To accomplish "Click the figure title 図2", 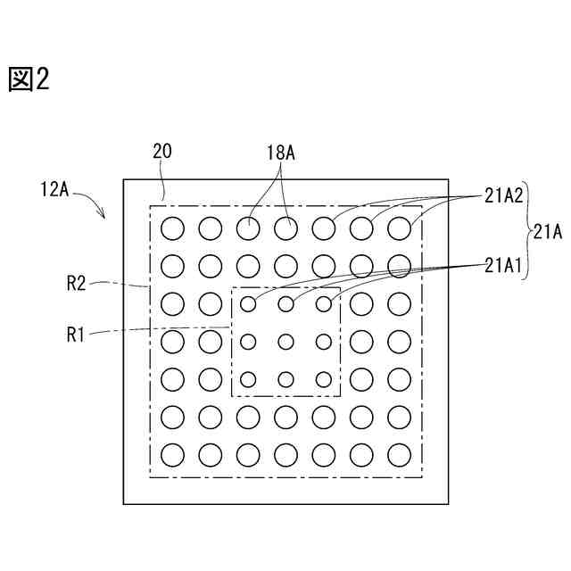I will (x=29, y=80).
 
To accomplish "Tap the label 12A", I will (x=56, y=189).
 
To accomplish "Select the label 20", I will (x=162, y=152).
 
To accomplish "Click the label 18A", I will (x=280, y=152).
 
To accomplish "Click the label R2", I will (x=77, y=284).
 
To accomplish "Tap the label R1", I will (x=77, y=335).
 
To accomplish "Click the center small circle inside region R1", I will (x=285, y=342).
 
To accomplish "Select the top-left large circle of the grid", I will (x=172, y=228).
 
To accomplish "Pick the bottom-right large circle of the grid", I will (x=399, y=455).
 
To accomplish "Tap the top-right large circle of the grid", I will (x=399, y=228).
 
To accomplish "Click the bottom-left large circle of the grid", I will (x=172, y=455).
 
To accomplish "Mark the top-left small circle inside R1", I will (x=248, y=304).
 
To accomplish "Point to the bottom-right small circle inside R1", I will (x=324, y=379).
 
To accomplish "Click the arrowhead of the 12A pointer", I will (x=104, y=215).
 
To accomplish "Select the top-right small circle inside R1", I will (x=324, y=304).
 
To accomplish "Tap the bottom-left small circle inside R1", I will (x=248, y=379).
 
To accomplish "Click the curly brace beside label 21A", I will (x=526, y=232).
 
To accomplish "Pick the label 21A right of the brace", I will (x=547, y=232).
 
